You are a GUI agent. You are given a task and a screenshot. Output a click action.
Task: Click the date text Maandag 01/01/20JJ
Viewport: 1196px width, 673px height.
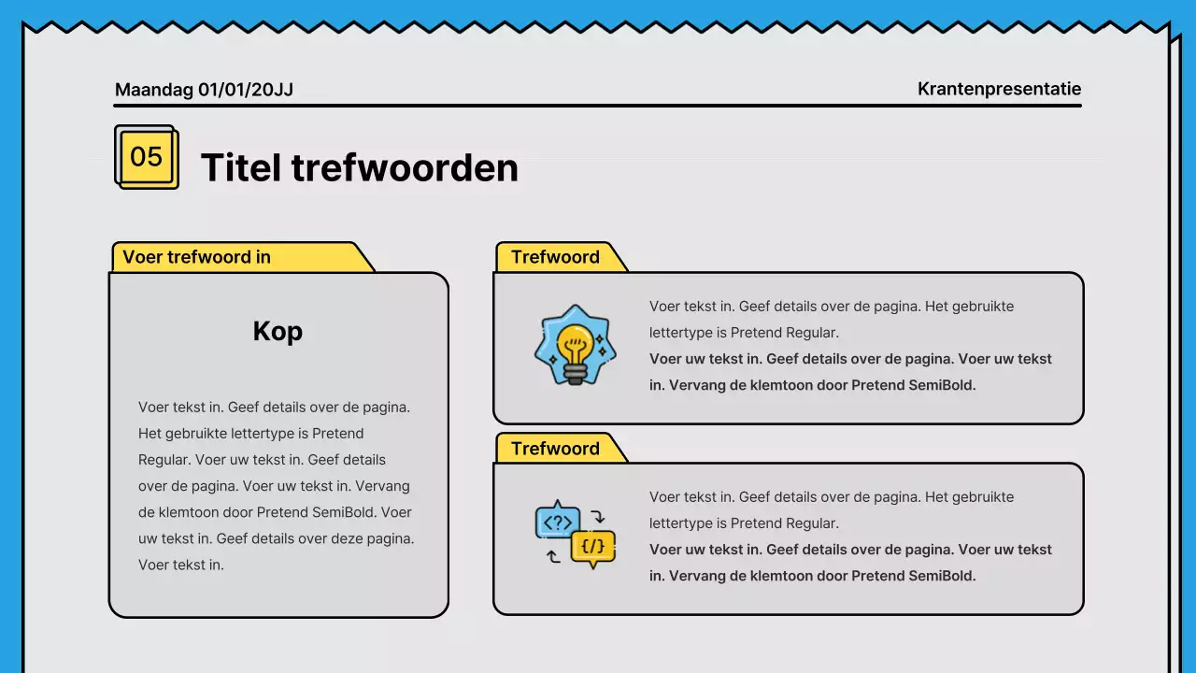(x=204, y=90)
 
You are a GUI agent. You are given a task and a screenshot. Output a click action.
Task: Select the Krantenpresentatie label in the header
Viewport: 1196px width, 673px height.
(x=999, y=89)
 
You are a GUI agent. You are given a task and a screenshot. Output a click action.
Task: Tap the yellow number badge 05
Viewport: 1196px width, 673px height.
(x=146, y=157)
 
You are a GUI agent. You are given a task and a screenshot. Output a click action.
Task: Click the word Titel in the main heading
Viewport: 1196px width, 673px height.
(x=241, y=168)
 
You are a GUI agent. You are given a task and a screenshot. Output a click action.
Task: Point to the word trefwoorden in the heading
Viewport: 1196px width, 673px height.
(x=405, y=168)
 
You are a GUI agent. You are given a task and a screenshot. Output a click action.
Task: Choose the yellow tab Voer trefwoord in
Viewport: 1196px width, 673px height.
(x=197, y=257)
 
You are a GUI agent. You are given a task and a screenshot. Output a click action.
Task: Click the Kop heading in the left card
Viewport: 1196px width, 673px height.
(x=278, y=331)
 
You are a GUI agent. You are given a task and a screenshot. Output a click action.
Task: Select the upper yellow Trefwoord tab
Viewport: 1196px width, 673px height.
(x=555, y=257)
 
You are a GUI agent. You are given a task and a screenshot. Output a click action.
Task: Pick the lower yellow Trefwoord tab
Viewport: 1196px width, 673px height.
(x=555, y=449)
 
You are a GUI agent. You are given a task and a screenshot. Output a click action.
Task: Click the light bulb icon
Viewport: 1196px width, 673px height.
(x=576, y=344)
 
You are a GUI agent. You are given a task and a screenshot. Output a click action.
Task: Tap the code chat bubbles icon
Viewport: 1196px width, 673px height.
(x=576, y=535)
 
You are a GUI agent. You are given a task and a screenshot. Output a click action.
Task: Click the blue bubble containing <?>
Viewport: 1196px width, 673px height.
(x=557, y=523)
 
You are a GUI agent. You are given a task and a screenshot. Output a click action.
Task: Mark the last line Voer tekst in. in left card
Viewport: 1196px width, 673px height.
(x=181, y=565)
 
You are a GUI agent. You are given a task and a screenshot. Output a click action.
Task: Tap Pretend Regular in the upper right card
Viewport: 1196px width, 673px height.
(x=785, y=333)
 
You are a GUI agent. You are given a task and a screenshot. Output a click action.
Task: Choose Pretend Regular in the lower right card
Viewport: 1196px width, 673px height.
(x=785, y=523)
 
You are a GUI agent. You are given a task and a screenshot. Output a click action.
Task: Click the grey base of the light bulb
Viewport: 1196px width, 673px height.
(x=575, y=374)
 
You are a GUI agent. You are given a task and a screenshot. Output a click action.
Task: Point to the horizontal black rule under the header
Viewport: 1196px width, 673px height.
(x=598, y=106)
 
